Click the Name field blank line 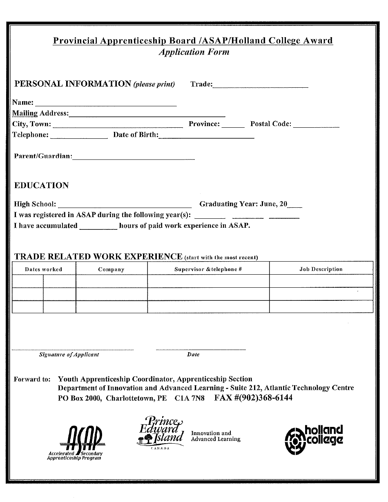point(106,105)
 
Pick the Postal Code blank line point(316,127)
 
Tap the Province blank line point(233,127)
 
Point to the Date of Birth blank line point(206,138)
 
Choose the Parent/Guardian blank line point(134,158)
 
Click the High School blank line point(125,206)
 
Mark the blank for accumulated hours point(98,228)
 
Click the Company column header point(111,269)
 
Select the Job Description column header point(321,269)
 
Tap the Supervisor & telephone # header point(208,269)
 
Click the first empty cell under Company point(111,281)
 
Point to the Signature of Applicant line point(73,349)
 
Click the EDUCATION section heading point(42,186)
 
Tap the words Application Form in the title point(194,52)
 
